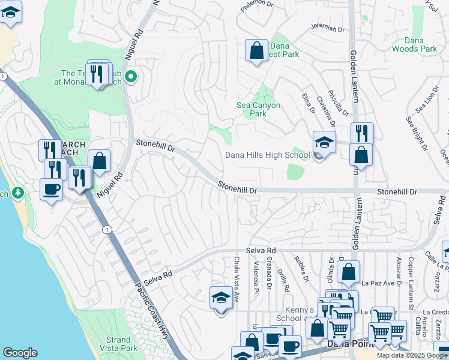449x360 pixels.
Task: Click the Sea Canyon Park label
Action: point(258,109)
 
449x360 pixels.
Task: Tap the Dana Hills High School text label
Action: point(267,155)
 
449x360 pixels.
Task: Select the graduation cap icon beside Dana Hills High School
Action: point(324,143)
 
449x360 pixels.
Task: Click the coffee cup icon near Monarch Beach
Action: point(51,189)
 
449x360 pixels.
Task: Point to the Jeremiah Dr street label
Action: point(327,28)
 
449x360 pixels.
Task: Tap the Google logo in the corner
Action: point(20,353)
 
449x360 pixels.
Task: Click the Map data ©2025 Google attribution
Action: point(411,355)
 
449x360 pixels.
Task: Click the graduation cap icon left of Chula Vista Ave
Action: point(221,298)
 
